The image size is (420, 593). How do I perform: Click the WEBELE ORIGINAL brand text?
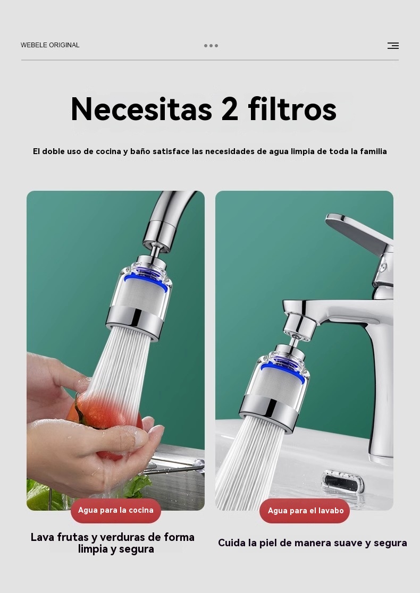point(50,45)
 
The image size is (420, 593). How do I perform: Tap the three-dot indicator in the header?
point(211,46)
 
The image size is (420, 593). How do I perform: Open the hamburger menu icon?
point(393,46)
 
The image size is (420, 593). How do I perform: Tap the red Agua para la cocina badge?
point(116,510)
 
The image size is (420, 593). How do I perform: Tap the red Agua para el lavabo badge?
point(305,511)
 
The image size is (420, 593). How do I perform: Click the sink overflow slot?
point(343,481)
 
